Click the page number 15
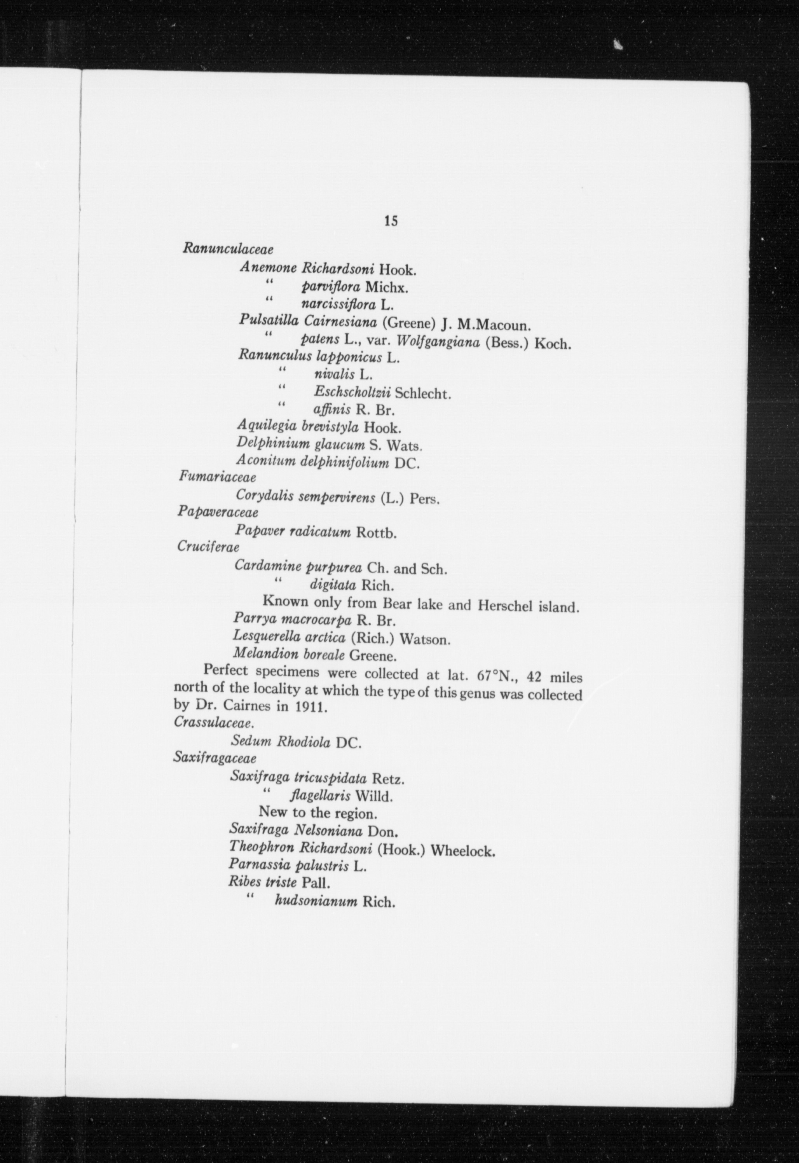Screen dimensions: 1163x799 pos(391,221)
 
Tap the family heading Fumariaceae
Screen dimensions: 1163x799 pos(217,478)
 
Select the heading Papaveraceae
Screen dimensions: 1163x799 pos(218,513)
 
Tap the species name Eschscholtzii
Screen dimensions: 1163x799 pos(352,392)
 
